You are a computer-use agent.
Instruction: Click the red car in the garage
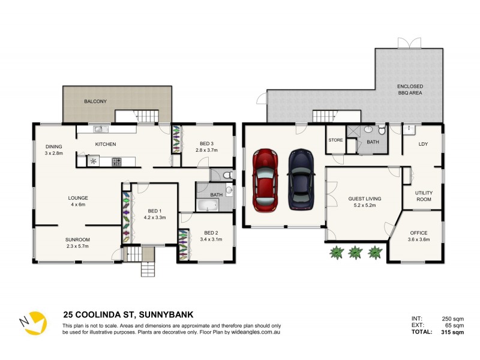[265, 180]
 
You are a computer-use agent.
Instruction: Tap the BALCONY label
[95, 101]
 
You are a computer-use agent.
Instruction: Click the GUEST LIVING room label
[365, 199]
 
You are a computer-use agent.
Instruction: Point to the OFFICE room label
[418, 233]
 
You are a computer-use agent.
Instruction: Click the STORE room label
[335, 141]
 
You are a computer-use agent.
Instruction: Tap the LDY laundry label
[423, 144]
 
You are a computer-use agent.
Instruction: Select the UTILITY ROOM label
[424, 196]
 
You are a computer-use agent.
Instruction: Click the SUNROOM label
[77, 239]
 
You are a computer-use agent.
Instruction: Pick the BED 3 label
[207, 143]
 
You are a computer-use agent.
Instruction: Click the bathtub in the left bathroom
[208, 206]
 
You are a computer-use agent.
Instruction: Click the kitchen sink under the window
[99, 128]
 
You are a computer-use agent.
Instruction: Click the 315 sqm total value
[451, 332]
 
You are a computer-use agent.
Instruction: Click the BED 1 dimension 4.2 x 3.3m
[155, 218]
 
